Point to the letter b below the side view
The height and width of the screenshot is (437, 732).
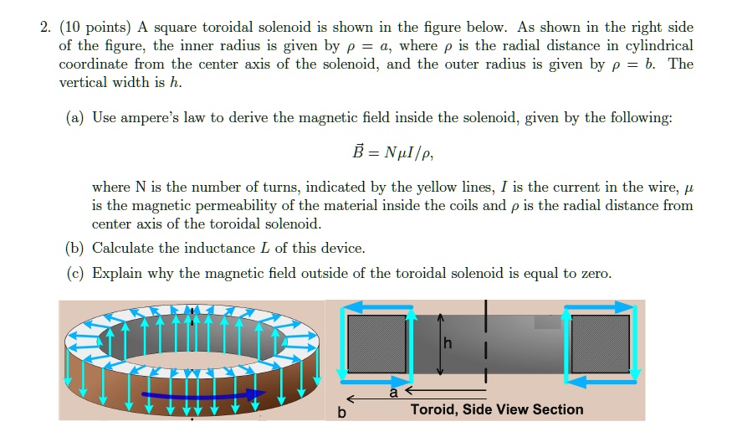point(341,412)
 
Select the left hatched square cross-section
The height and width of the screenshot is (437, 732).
point(376,343)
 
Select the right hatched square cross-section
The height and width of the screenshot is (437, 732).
point(600,343)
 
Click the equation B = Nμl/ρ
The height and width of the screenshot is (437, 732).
point(392,153)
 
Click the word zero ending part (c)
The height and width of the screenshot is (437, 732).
point(595,273)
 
